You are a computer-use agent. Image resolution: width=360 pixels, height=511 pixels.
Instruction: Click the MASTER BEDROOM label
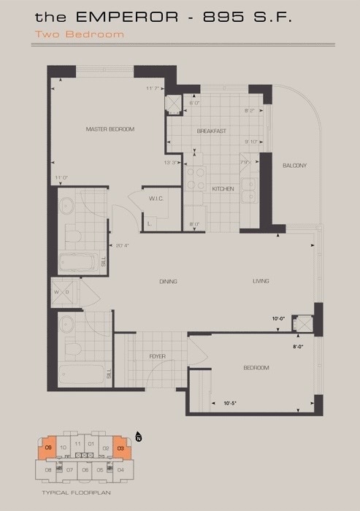(x=110, y=129)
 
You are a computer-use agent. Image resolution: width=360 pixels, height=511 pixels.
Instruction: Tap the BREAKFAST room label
(x=211, y=131)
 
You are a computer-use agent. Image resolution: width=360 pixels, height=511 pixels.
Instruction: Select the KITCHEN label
(x=223, y=188)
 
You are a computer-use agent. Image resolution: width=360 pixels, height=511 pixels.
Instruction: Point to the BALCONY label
(x=295, y=166)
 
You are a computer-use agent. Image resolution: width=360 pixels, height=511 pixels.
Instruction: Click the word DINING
(x=168, y=281)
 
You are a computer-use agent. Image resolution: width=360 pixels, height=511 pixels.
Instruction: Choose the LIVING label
(x=261, y=281)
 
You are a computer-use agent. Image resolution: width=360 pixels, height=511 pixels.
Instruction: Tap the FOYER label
(x=157, y=356)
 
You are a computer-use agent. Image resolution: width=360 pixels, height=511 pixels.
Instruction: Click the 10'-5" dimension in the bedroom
(x=231, y=402)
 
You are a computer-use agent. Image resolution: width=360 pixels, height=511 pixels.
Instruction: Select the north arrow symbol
(x=138, y=438)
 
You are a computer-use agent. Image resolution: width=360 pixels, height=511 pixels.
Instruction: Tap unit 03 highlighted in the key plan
(x=120, y=447)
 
